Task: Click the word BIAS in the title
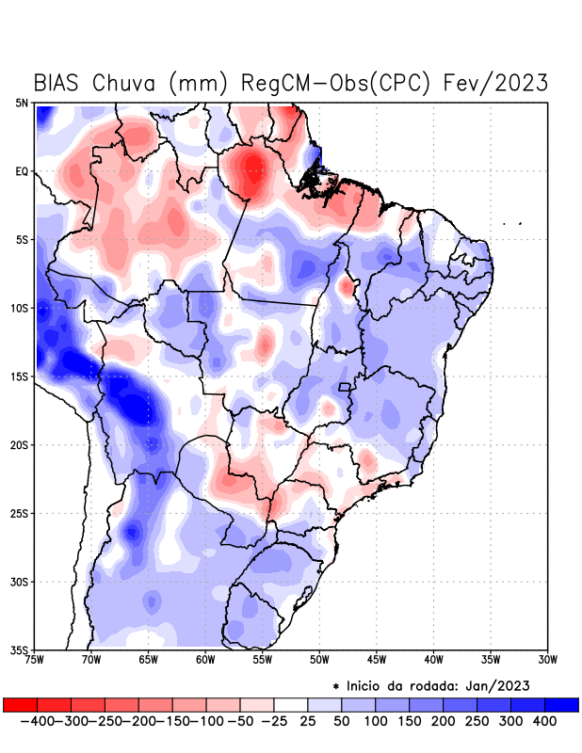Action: pos(58,83)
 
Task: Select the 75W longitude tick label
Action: pos(36,659)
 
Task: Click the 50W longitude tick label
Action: pos(319,659)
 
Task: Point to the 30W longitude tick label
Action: pos(548,659)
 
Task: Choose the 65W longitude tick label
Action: pos(149,659)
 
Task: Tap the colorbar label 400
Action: pos(544,721)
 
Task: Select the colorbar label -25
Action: pos(273,721)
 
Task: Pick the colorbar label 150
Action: pos(409,721)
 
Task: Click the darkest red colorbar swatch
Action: pos(20,705)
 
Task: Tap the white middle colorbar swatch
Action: pos(291,705)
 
